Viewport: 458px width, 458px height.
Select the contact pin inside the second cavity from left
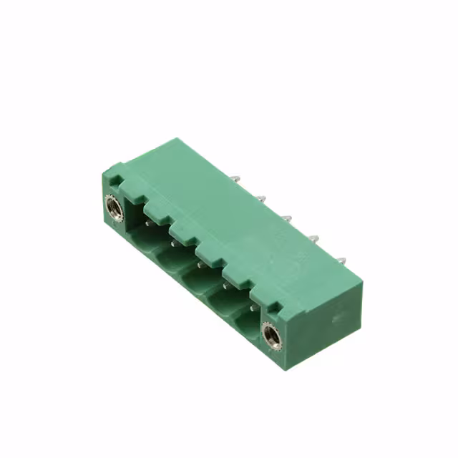pos(173,243)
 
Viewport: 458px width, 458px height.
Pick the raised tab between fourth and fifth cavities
pos(235,276)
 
